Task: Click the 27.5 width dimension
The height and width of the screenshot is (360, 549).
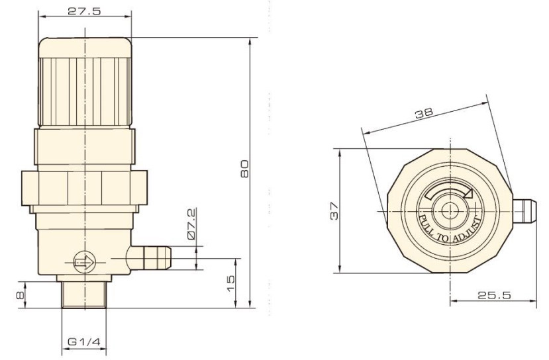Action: [x=84, y=11]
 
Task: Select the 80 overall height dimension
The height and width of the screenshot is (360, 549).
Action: [x=244, y=169]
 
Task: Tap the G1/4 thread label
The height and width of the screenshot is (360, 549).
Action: [x=83, y=341]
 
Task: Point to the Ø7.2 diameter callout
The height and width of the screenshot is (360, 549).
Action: [x=191, y=224]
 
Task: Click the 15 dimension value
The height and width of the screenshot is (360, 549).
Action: [x=230, y=283]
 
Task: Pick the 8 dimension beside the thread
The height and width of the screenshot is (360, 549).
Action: [x=21, y=295]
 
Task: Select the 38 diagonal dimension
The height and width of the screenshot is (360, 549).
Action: [x=424, y=113]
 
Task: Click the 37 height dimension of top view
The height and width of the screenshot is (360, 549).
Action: [x=334, y=210]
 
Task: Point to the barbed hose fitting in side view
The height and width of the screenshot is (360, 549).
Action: [x=150, y=258]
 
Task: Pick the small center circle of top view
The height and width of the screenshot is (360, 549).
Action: [x=450, y=210]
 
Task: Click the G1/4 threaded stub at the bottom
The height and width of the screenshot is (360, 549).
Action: [x=84, y=294]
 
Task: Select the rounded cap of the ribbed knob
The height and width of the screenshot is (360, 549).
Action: [x=85, y=47]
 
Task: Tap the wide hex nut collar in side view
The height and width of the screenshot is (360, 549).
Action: [x=84, y=188]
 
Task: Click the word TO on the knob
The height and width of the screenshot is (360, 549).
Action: [x=442, y=238]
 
